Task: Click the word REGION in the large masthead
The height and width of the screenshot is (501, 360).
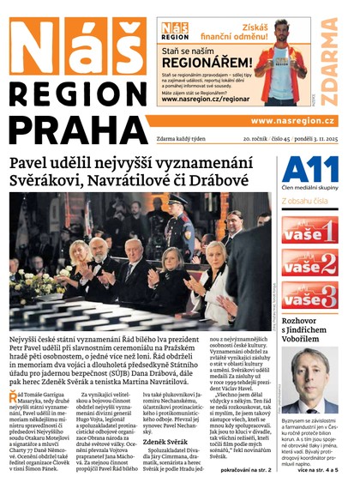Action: click(77, 93)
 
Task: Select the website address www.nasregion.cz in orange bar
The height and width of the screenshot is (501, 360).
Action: click(292, 121)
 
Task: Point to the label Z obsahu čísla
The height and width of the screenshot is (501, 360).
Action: click(305, 202)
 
